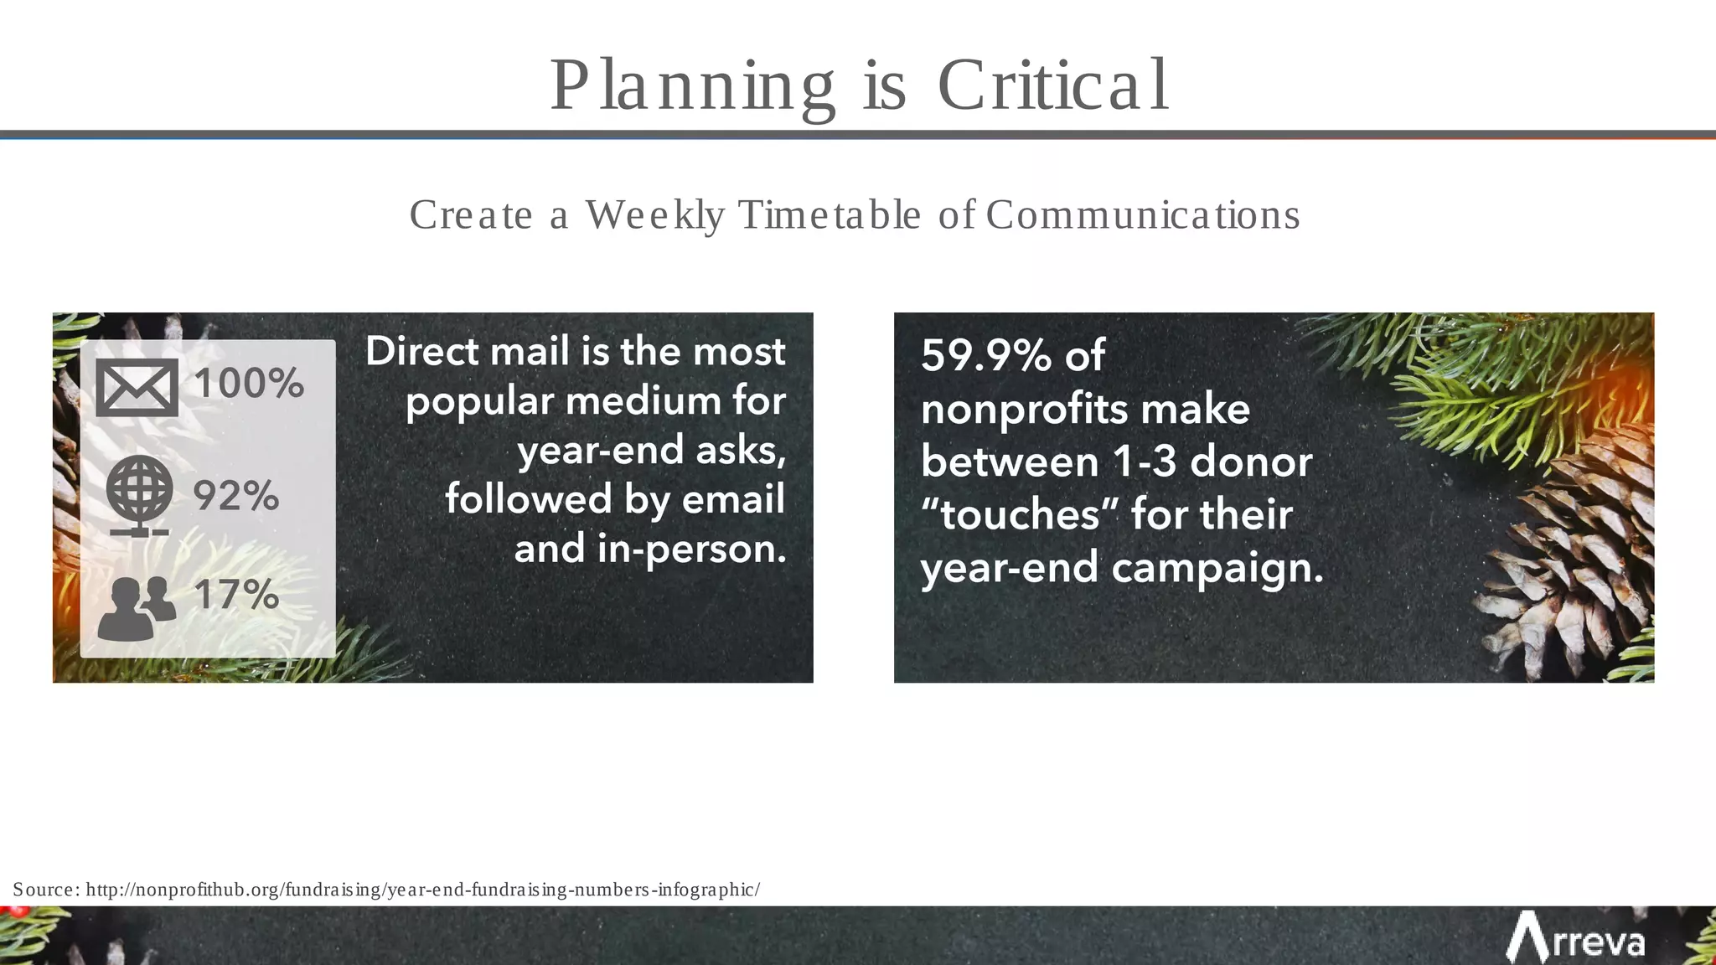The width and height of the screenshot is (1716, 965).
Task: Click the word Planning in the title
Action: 692,86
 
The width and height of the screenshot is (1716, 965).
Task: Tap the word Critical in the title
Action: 1052,86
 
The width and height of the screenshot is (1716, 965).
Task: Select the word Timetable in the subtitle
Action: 830,214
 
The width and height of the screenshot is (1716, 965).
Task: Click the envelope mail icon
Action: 137,388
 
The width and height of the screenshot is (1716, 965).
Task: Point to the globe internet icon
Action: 140,494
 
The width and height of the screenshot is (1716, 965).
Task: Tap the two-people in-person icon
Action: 137,608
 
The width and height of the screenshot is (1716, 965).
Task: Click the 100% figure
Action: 249,384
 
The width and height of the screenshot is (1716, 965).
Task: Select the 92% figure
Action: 235,496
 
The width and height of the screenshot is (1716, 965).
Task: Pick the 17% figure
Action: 236,595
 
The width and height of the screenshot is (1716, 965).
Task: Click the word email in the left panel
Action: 733,499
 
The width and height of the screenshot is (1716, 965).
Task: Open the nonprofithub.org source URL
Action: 423,890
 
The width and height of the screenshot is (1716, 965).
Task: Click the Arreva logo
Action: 1575,940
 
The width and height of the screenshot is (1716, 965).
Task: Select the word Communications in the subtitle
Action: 1143,214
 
